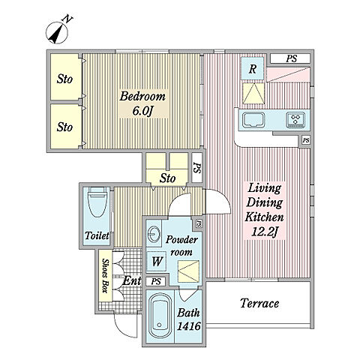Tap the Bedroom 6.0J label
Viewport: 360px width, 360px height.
tap(142, 103)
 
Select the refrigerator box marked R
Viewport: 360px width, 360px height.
tap(253, 68)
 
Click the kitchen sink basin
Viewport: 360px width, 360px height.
tap(254, 120)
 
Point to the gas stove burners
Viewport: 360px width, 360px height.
tap(295, 120)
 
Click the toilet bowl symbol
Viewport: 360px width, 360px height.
tap(98, 202)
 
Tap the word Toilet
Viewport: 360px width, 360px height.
tap(97, 235)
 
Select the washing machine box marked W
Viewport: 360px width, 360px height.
tap(157, 262)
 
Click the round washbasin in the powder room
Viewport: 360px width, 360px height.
tap(154, 234)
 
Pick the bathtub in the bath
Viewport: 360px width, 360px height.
tap(160, 318)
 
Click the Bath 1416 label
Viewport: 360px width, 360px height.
tap(189, 319)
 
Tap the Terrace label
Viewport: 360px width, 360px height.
tap(259, 303)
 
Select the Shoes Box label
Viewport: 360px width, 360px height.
tap(105, 276)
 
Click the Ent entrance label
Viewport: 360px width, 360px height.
tap(132, 280)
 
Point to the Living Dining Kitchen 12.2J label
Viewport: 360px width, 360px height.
tap(265, 210)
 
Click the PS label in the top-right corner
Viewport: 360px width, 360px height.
tap(292, 58)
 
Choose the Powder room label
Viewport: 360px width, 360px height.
tap(181, 246)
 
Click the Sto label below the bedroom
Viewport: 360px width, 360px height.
tap(167, 178)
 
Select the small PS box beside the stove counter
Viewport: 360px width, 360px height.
tap(306, 140)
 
